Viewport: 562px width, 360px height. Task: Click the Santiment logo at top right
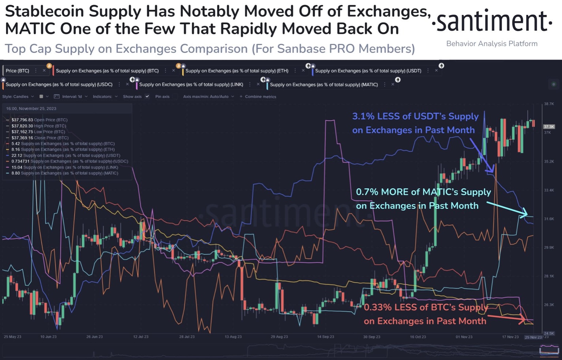click(492, 22)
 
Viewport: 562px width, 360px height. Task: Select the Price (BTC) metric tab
click(18, 71)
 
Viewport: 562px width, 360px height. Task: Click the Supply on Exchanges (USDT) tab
click(368, 71)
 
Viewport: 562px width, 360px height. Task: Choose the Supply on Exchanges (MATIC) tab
click(323, 85)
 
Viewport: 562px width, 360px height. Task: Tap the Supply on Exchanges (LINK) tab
click(191, 85)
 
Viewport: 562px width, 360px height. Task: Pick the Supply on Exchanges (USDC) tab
click(59, 85)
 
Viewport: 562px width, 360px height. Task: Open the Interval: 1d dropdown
click(72, 97)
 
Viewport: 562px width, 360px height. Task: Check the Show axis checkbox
click(147, 97)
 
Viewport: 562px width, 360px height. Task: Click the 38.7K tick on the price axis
click(549, 104)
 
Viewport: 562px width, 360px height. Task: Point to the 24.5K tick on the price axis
click(549, 333)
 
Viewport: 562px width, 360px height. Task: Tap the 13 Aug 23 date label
click(233, 337)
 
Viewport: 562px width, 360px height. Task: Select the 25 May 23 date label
click(12, 337)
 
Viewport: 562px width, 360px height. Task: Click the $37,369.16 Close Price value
click(22, 138)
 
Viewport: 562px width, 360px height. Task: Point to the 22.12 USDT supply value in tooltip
click(16, 155)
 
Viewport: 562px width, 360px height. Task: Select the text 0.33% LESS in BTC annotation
click(389, 307)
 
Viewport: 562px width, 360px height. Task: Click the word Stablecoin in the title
click(45, 12)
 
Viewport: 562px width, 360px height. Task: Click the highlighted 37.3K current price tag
click(549, 127)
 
